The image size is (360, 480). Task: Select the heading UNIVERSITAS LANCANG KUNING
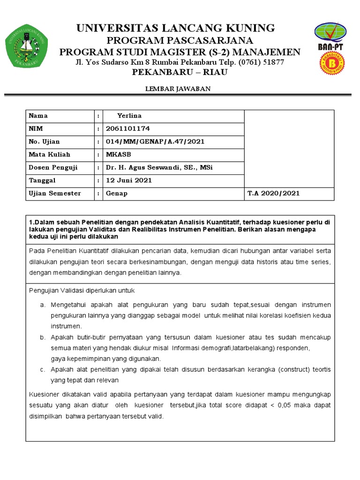tap(176, 28)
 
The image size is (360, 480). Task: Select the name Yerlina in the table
tap(129, 116)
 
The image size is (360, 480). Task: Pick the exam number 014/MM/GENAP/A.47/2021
tap(155, 142)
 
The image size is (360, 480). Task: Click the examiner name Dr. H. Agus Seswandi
tap(159, 167)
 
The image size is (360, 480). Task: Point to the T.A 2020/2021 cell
tap(273, 193)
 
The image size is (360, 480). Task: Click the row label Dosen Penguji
tap(53, 167)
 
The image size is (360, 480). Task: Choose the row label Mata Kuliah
tap(49, 154)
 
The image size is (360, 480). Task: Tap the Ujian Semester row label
tap(55, 193)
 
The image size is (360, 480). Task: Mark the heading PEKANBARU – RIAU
tap(180, 72)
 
